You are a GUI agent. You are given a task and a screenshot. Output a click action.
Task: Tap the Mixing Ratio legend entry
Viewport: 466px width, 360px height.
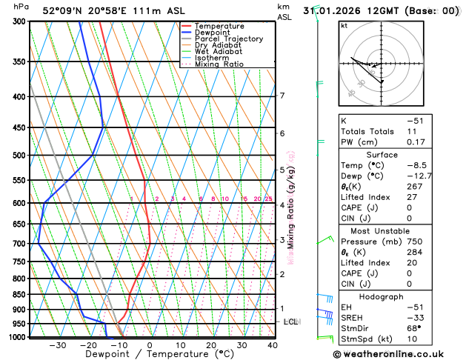tap(219, 64)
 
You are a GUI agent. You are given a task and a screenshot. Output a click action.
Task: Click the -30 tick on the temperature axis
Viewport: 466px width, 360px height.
tap(57, 345)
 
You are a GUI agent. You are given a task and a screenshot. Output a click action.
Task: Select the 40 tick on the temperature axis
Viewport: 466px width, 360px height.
tap(273, 345)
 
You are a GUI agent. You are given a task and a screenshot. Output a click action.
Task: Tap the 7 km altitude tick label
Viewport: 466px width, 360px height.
tap(282, 96)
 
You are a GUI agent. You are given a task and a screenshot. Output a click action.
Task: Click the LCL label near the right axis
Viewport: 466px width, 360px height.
tap(290, 322)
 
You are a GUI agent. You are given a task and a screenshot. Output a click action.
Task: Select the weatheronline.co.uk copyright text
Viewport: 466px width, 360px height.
tap(393, 355)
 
